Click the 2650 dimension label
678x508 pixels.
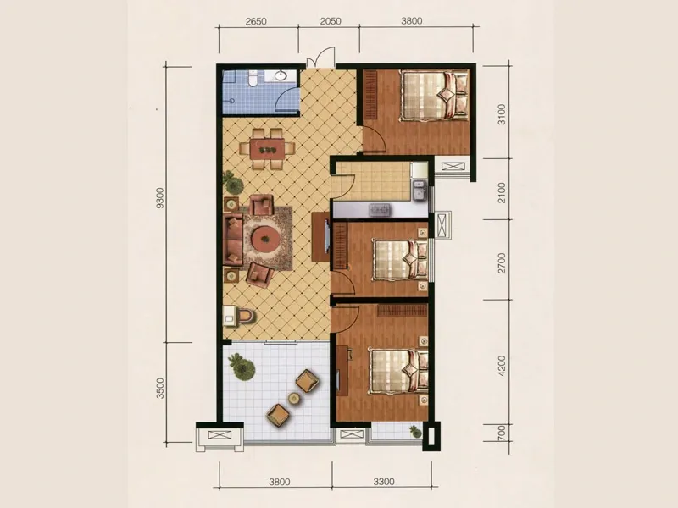click(256, 20)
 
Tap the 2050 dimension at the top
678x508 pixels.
click(331, 20)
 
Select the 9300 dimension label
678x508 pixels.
click(160, 198)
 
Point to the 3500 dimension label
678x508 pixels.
click(160, 388)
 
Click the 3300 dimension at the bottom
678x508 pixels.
click(384, 481)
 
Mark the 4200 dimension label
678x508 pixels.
click(502, 366)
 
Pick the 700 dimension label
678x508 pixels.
click(502, 433)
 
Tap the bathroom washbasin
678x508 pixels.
click(281, 76)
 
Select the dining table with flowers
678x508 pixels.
click(268, 150)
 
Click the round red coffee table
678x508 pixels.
click(264, 237)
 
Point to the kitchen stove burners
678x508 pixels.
click(380, 210)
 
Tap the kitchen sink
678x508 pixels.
click(419, 190)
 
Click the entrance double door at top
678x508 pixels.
click(321, 58)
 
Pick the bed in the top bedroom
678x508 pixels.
click(435, 95)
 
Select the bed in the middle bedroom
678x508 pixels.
click(400, 259)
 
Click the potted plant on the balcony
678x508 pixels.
click(242, 367)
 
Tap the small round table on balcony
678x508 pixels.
click(294, 398)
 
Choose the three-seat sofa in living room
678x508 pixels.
click(233, 239)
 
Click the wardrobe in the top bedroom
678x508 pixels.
click(370, 95)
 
